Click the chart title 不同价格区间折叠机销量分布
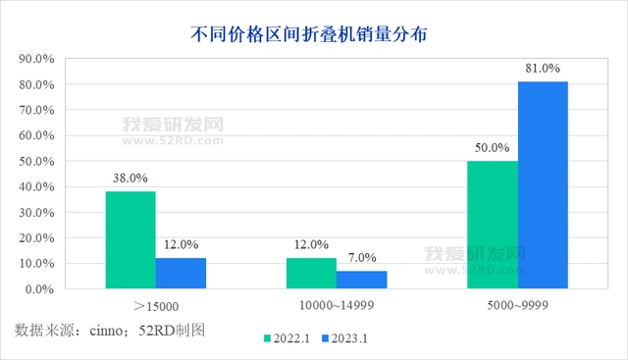[x=313, y=32]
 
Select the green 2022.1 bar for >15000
[x=131, y=240]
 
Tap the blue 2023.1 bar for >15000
[x=181, y=274]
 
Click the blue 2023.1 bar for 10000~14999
[x=361, y=280]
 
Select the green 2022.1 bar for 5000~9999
[x=492, y=225]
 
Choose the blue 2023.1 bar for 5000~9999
[x=543, y=185]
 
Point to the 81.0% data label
[x=543, y=69]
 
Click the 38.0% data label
[x=131, y=179]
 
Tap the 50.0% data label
[x=492, y=148]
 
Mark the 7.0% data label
[x=362, y=258]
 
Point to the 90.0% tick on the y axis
[x=35, y=59]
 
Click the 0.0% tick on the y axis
[x=38, y=289]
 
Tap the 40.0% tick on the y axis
[x=35, y=186]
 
